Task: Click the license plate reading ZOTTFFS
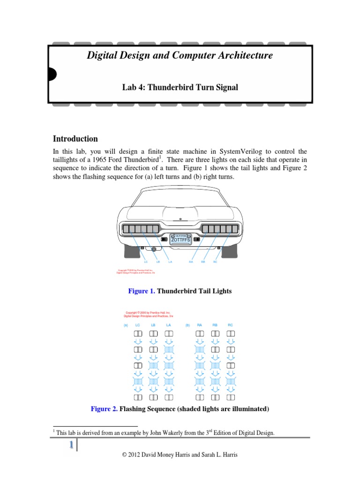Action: (180, 239)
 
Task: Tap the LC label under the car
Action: (146, 262)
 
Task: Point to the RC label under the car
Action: (215, 262)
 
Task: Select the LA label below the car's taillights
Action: (170, 262)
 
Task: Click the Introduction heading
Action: (75, 139)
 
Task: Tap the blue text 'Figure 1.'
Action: (142, 291)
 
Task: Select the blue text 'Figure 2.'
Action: (104, 409)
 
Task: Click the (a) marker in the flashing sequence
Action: (126, 325)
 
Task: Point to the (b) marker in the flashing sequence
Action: (187, 325)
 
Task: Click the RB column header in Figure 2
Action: (215, 325)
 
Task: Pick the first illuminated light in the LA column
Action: (169, 350)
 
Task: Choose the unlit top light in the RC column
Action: (230, 334)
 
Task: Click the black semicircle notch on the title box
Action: (52, 74)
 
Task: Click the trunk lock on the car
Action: (180, 219)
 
